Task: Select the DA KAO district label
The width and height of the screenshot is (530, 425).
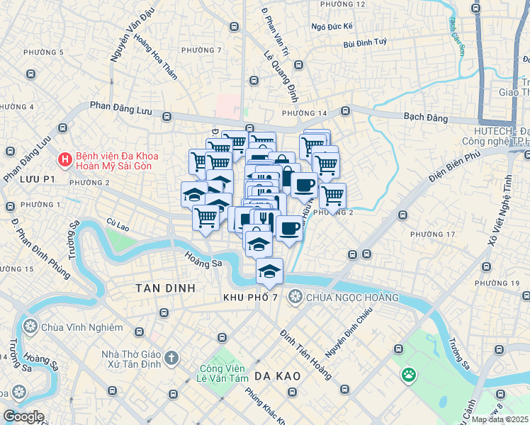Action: tap(278, 375)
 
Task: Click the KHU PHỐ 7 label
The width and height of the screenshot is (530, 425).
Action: tap(250, 297)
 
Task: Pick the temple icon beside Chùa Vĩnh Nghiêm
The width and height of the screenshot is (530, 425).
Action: tap(30, 327)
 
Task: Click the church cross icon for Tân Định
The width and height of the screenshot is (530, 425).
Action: tap(171, 359)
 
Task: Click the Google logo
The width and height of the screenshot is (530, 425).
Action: tap(23, 416)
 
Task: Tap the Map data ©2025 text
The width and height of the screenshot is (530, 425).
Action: tap(500, 419)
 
